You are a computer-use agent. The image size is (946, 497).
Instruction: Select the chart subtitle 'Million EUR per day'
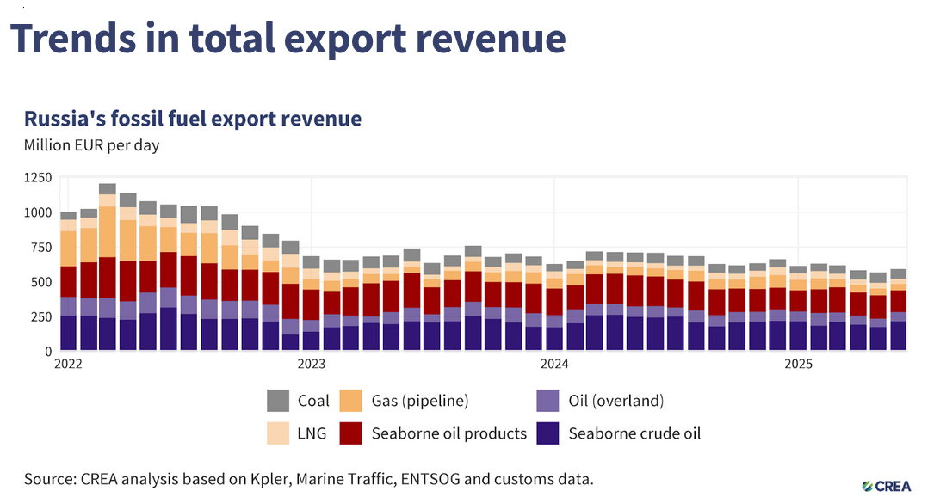coord(91,145)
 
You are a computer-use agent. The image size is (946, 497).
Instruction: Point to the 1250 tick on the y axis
coord(38,177)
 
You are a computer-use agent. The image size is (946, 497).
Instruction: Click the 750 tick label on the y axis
coord(41,247)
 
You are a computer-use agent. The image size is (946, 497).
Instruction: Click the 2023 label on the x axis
coord(312,364)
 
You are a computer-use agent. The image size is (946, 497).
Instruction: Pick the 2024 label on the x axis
coord(555,364)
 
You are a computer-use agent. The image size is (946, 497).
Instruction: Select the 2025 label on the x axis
coord(798,364)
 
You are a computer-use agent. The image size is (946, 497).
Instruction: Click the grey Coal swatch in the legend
coord(278,401)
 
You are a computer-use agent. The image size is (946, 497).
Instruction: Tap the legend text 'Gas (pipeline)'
coord(420,401)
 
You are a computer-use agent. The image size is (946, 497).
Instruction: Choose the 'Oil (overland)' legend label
coord(616,401)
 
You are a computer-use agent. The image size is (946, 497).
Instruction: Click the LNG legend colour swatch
coord(278,433)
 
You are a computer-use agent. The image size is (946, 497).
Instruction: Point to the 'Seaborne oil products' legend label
coord(448,433)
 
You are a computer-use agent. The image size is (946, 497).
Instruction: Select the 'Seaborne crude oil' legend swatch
coord(547,433)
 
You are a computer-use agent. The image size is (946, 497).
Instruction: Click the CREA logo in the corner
coord(886,486)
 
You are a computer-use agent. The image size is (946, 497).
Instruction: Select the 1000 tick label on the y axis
coord(38,212)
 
